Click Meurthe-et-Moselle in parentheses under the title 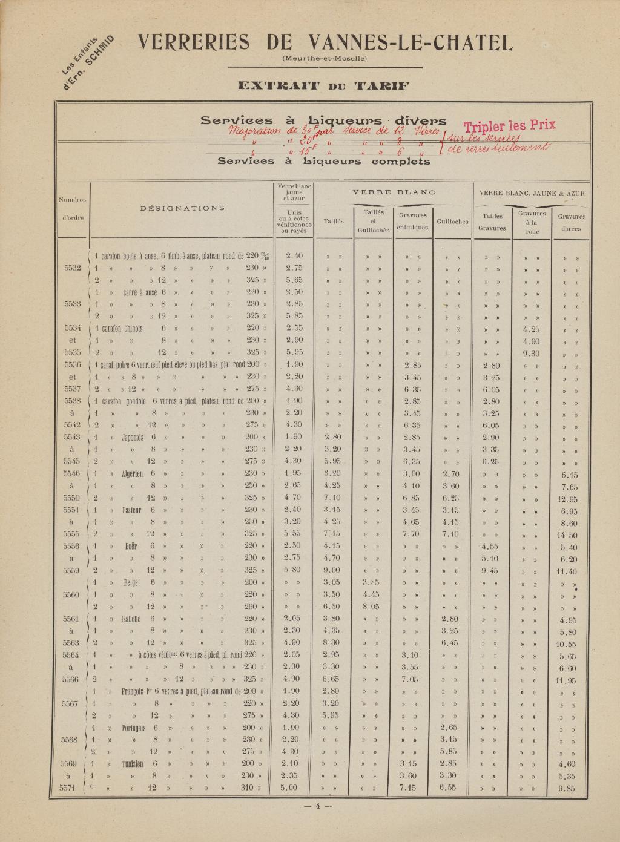tap(325, 59)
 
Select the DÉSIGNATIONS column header tap(182, 208)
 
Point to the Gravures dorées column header tap(571, 222)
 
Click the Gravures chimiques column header tap(412, 221)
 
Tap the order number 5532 tap(72, 268)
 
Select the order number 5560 tap(72, 594)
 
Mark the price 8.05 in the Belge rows tap(371, 606)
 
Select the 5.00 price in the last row tap(290, 788)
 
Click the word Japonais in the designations tap(132, 437)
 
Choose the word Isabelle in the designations tap(131, 619)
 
